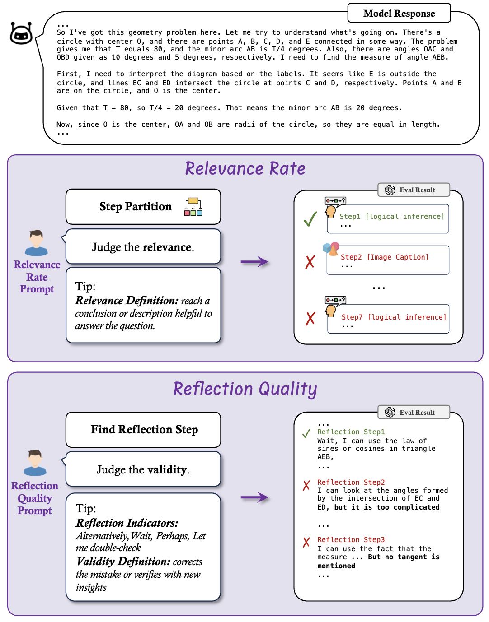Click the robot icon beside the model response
(x=21, y=33)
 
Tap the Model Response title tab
(x=399, y=13)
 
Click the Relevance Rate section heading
(x=245, y=168)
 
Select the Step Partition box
(x=143, y=206)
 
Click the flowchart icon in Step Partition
(x=193, y=206)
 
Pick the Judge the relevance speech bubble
(x=142, y=246)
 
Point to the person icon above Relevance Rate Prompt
(x=37, y=243)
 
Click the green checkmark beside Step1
(x=310, y=219)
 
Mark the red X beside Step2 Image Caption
(x=310, y=262)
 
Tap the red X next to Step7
(x=310, y=319)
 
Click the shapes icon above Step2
(x=331, y=249)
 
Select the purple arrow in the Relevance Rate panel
(x=254, y=262)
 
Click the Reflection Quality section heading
(x=245, y=389)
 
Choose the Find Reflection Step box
(x=143, y=429)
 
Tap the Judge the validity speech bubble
(x=142, y=469)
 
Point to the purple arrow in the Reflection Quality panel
(x=254, y=497)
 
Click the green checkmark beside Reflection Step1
(x=306, y=433)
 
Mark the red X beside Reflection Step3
(x=306, y=542)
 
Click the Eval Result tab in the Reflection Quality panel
(x=414, y=412)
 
